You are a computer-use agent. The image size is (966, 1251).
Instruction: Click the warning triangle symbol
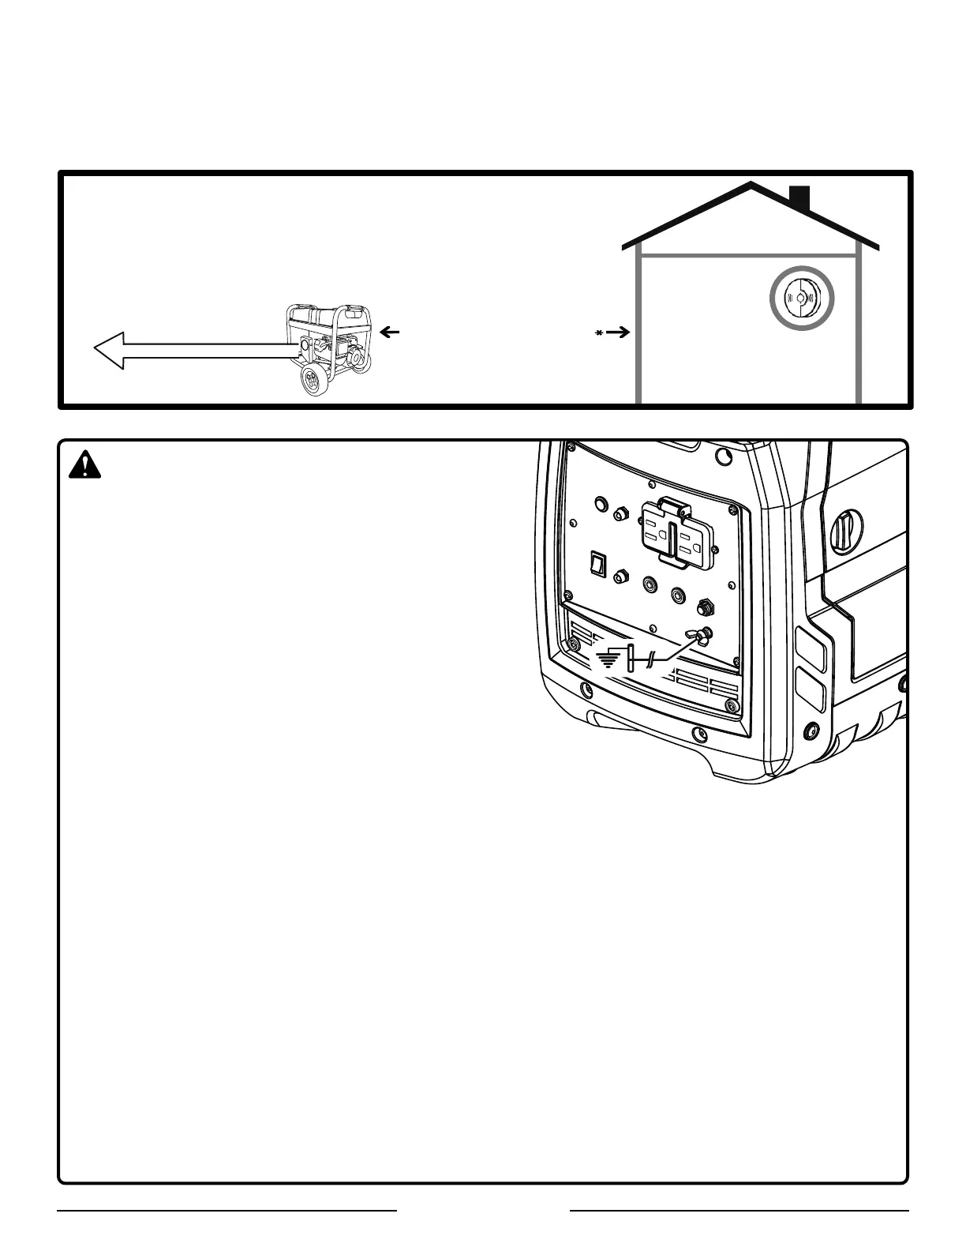click(85, 466)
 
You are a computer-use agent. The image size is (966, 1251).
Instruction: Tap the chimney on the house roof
click(799, 198)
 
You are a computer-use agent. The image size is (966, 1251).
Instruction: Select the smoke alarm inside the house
click(802, 298)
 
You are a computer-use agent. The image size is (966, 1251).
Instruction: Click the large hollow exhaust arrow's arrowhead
click(110, 350)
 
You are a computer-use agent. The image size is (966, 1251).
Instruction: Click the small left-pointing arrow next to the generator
click(389, 333)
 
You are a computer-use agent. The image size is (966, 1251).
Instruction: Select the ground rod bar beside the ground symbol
click(631, 657)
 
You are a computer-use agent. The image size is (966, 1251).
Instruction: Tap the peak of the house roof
click(751, 186)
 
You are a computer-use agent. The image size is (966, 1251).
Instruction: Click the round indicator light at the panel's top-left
click(600, 503)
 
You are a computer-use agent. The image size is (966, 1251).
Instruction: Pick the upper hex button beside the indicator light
click(621, 513)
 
